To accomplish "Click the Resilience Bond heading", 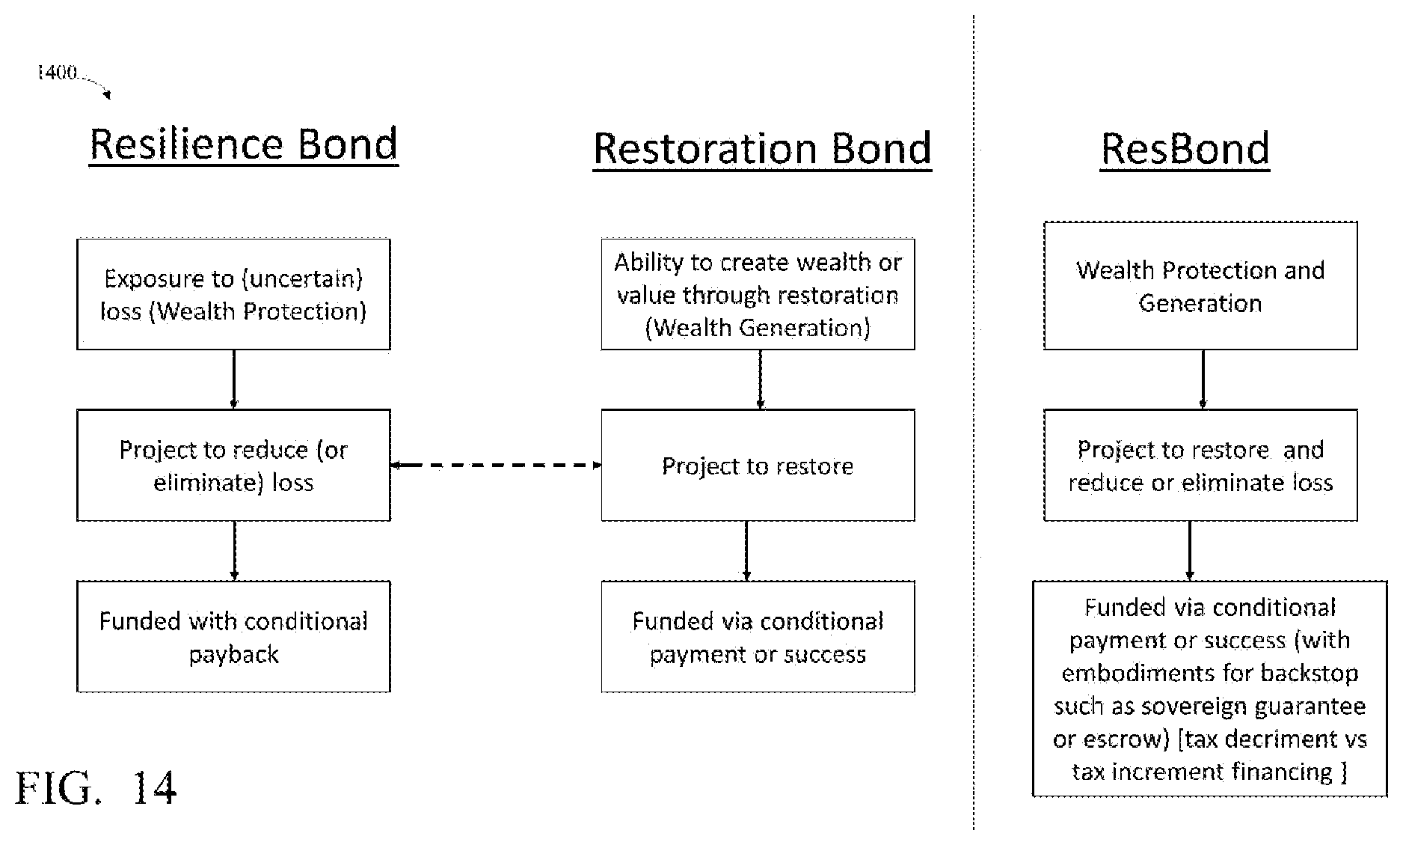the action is click(244, 144).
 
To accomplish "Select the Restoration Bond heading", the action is click(762, 149).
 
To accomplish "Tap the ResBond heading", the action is click(1185, 149).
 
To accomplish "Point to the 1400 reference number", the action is click(58, 73).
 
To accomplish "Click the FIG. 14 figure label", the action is click(96, 787).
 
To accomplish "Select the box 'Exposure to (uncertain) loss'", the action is click(233, 294).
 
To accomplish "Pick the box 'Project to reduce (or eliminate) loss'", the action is click(233, 465).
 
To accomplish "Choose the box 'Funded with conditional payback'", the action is click(233, 636).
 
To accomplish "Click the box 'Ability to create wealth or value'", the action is click(758, 294).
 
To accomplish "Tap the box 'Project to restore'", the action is click(758, 465).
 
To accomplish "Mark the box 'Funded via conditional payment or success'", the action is click(758, 636).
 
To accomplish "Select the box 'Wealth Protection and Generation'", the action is click(1200, 285).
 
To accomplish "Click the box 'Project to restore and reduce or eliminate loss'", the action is click(1200, 465).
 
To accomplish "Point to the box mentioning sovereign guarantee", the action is click(1209, 689).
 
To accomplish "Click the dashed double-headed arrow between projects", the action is click(496, 465).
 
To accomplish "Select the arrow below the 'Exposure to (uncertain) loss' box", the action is click(234, 379).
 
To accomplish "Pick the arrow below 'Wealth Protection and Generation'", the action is click(1203, 379).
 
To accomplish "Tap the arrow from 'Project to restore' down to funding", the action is click(746, 551).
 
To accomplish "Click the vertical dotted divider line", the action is click(974, 422).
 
